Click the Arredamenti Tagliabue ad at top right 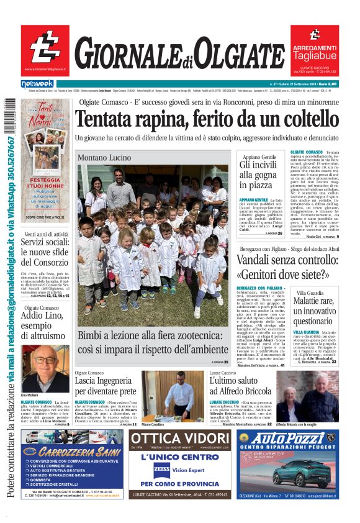pos(314,50)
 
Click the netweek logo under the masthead pos(37,84)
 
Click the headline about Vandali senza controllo pos(286,266)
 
